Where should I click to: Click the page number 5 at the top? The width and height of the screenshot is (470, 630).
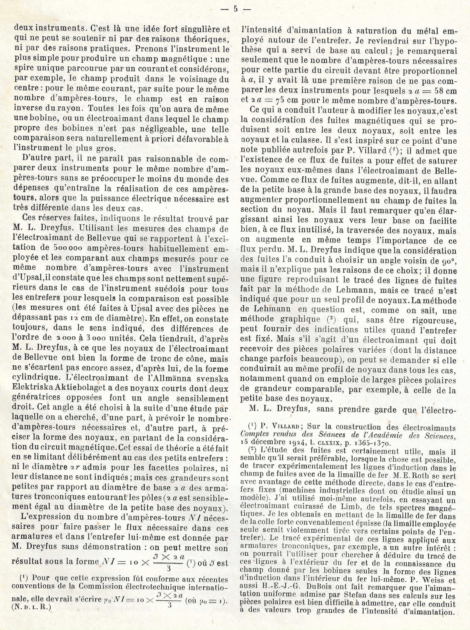235,9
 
